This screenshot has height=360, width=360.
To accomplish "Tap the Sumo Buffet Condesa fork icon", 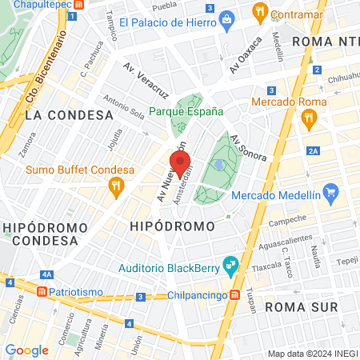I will tap(117, 186).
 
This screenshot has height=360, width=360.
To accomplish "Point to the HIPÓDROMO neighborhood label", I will tap(172, 227).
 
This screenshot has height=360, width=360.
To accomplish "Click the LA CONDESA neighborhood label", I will tap(69, 115).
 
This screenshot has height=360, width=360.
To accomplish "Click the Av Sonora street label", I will tap(248, 149).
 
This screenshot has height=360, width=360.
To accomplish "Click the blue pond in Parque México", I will tap(218, 165).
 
